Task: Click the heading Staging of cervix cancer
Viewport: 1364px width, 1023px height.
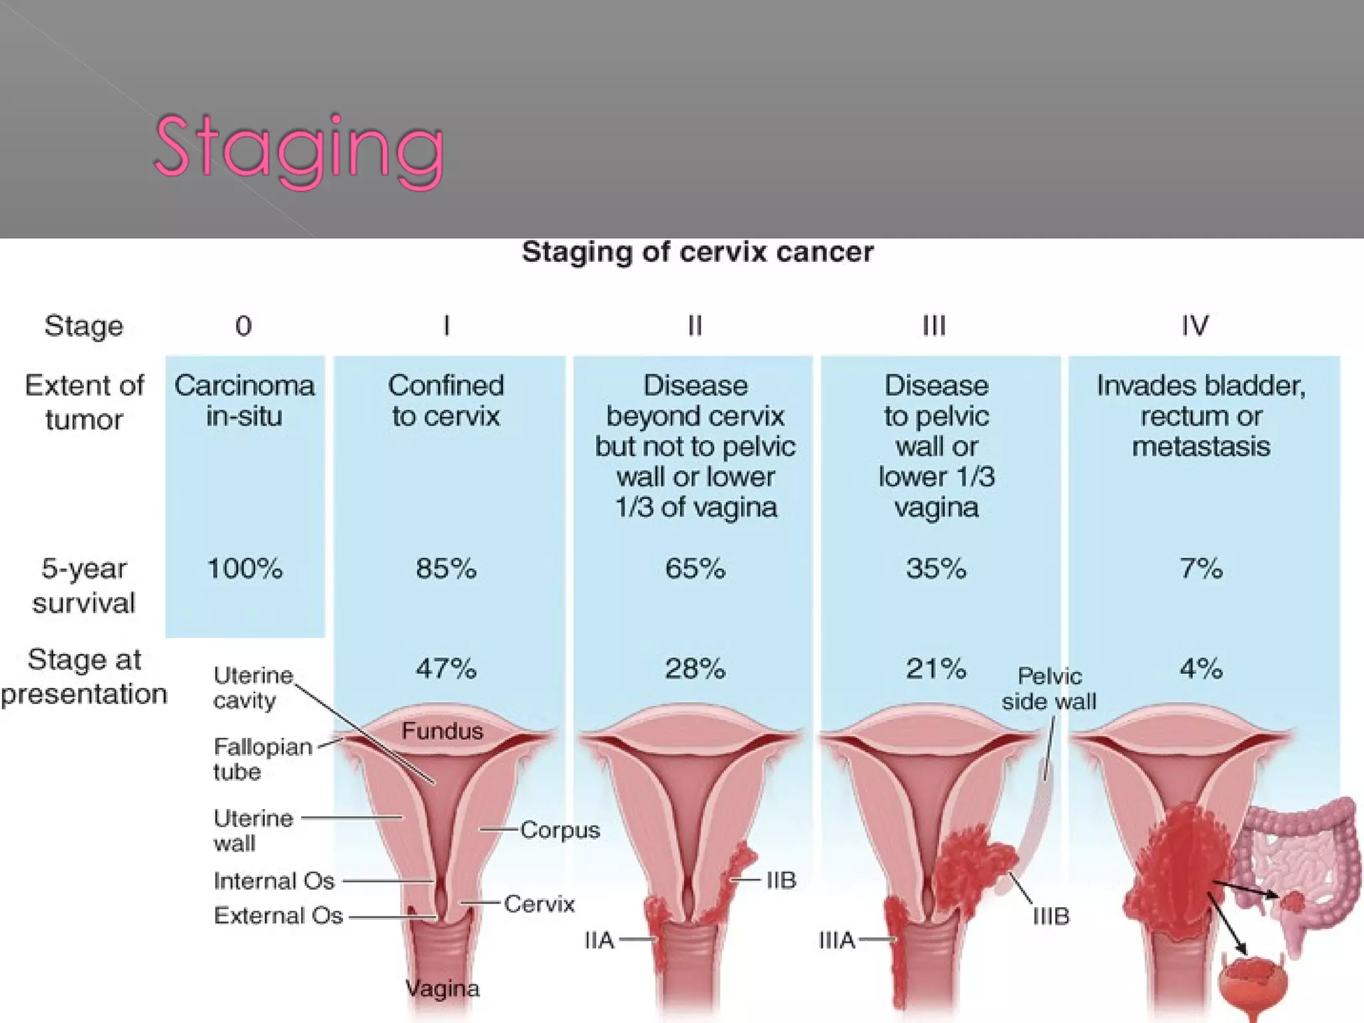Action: point(697,252)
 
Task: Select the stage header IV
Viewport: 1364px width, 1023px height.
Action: point(1195,326)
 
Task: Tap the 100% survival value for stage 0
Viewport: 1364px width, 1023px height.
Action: point(244,569)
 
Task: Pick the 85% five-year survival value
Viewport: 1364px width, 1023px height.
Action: point(446,569)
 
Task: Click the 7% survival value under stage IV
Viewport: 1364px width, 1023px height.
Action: point(1201,569)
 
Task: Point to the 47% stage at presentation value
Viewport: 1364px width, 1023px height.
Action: point(446,668)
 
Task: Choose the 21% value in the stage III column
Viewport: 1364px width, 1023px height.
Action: point(935,668)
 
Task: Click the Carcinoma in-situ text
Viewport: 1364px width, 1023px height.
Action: point(244,400)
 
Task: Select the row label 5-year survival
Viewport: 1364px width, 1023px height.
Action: point(84,585)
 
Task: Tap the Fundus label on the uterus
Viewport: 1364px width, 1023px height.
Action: point(442,731)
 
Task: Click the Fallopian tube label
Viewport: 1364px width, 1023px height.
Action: point(262,759)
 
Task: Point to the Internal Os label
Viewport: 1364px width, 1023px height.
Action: point(274,881)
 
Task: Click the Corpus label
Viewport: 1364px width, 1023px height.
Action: point(559,830)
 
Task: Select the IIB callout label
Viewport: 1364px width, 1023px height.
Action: point(781,880)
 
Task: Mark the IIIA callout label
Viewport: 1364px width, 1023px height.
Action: point(837,940)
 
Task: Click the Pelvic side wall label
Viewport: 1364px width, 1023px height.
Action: point(1049,689)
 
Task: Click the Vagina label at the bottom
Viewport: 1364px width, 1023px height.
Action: point(442,988)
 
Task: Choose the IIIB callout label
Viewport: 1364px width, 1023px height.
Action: point(1051,916)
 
